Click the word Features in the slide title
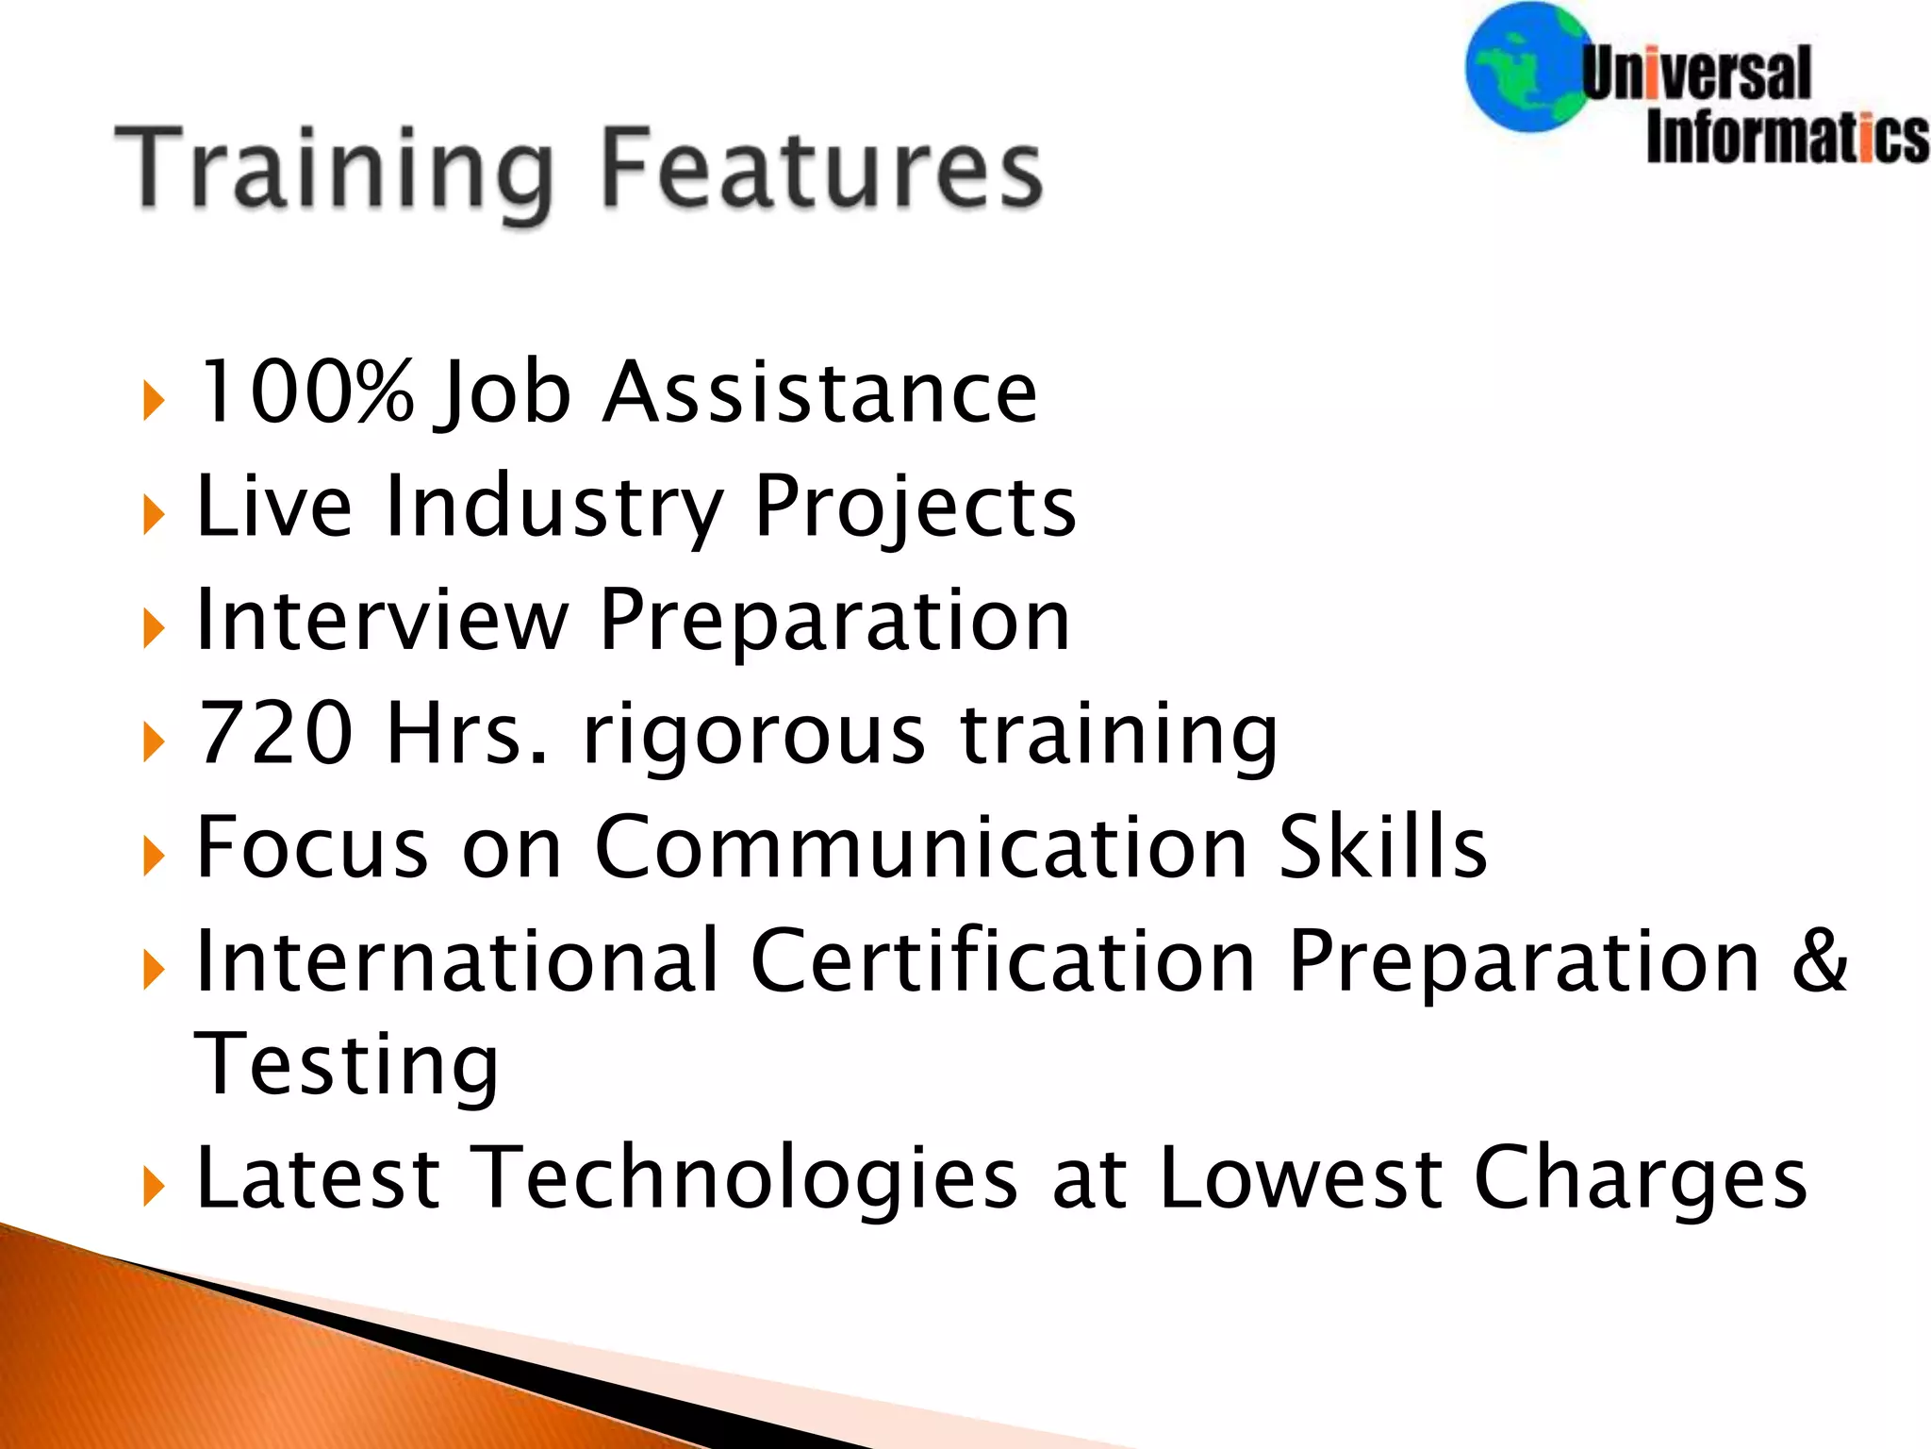coord(820,170)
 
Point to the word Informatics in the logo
coord(1788,140)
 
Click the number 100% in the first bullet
coord(305,391)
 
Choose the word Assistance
coord(820,391)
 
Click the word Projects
coord(915,507)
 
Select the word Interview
coord(382,620)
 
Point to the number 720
coord(275,733)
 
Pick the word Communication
coord(919,846)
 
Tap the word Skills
coord(1382,846)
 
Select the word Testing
coord(346,1066)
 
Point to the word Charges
coord(1640,1179)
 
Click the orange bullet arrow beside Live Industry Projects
coord(153,515)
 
